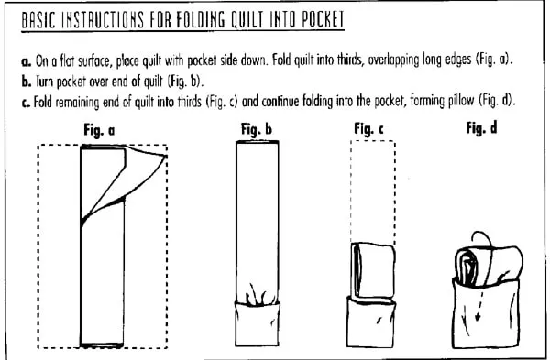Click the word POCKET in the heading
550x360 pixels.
(323, 19)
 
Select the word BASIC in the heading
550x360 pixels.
(38, 20)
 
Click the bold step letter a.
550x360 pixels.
(26, 62)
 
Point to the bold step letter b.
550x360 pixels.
(27, 82)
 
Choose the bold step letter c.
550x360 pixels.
(26, 104)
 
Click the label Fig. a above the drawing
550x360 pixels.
(99, 130)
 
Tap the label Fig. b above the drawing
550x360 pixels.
(257, 129)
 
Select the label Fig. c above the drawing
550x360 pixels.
(368, 129)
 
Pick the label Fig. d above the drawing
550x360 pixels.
(481, 128)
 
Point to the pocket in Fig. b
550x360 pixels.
(257, 324)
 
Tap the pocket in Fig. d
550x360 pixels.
(486, 315)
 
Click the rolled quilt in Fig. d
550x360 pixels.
(489, 265)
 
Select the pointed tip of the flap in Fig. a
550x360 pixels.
(166, 156)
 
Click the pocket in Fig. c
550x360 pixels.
(371, 323)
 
